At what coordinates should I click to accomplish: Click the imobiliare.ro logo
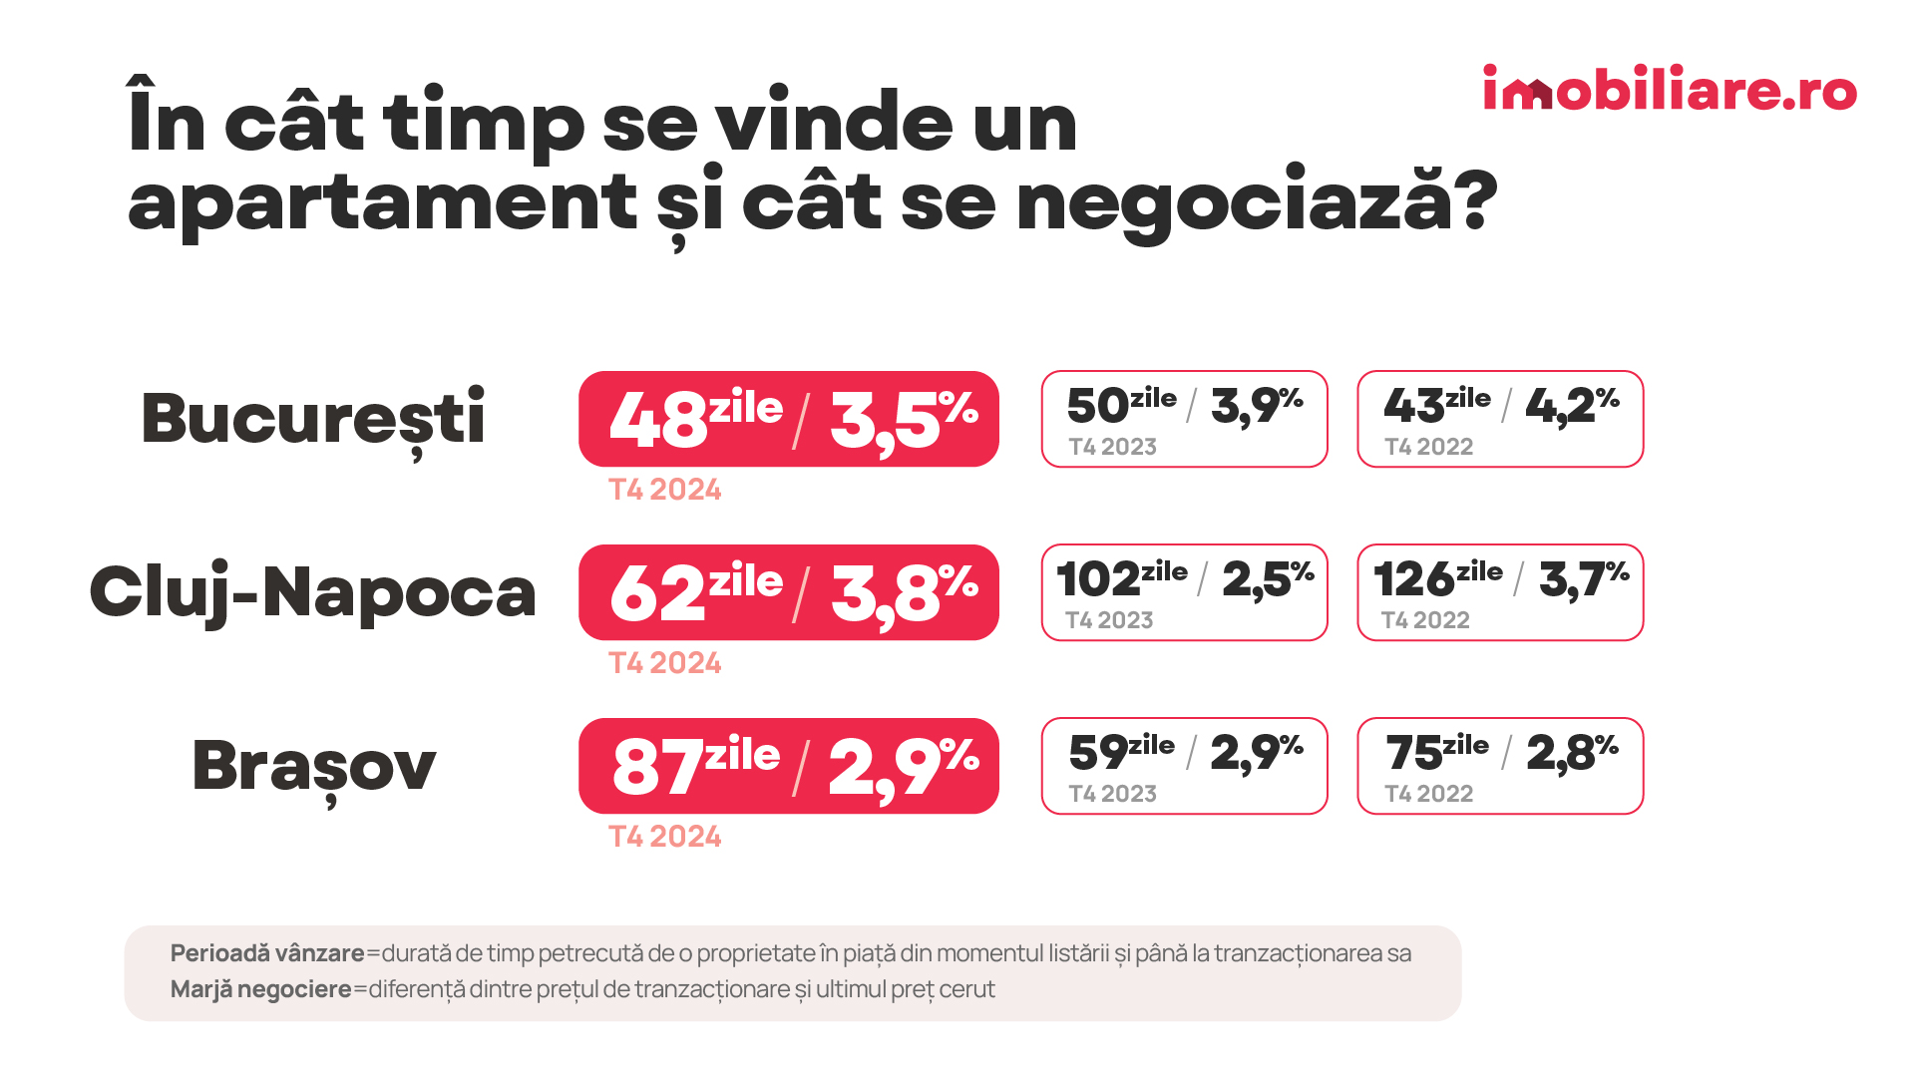click(1669, 89)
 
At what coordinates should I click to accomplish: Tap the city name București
click(313, 419)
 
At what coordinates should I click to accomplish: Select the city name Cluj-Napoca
click(313, 592)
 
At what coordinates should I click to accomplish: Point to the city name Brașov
click(313, 766)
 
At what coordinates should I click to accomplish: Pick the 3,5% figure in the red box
click(903, 419)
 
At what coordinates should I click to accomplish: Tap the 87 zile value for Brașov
click(695, 766)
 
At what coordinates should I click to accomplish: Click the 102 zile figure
click(1121, 578)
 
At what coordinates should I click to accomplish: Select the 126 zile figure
click(1437, 578)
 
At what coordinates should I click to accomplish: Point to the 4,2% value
click(1572, 405)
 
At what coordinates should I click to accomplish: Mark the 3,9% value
click(1257, 405)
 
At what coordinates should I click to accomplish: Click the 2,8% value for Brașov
click(1572, 752)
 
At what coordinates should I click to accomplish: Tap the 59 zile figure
click(1121, 752)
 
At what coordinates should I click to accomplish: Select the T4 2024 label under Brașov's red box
click(665, 837)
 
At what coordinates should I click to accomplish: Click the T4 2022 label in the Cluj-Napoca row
click(1425, 620)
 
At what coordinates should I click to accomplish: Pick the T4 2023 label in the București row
click(1112, 447)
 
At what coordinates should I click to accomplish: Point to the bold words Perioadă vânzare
click(267, 953)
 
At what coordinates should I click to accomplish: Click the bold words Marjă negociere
click(260, 989)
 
